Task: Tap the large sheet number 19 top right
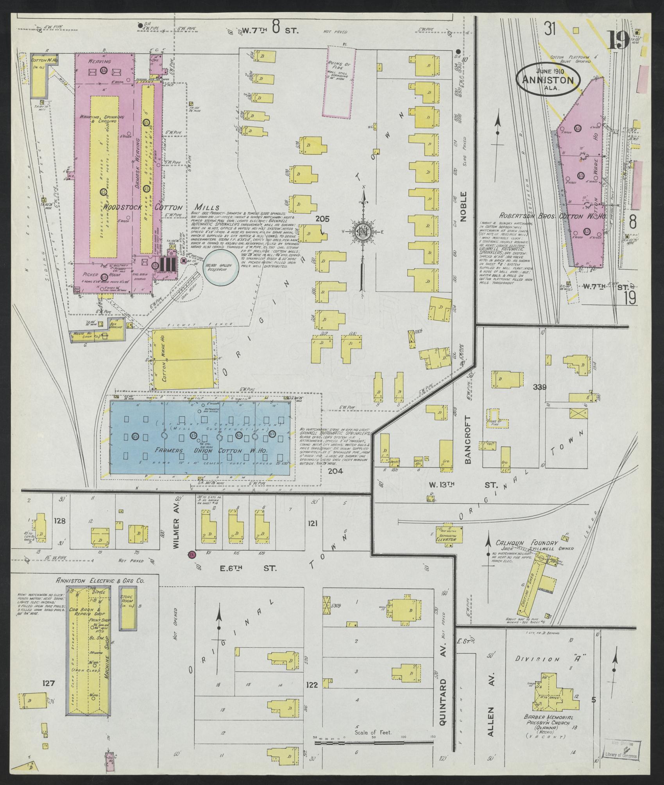click(617, 40)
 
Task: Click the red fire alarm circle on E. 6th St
click(192, 555)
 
